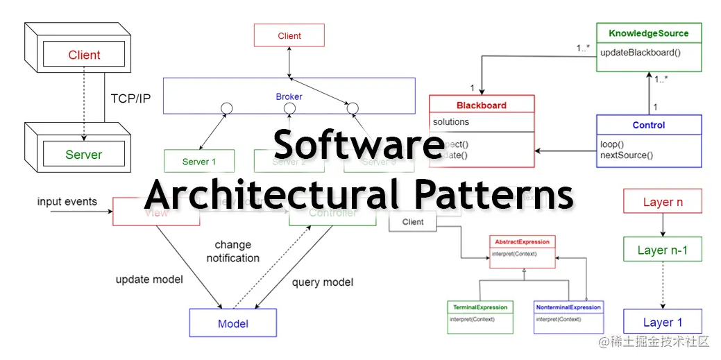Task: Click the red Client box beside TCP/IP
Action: (84, 55)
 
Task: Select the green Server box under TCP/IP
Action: (83, 155)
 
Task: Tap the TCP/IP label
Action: (130, 98)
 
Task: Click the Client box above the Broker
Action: (289, 36)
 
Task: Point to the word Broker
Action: (289, 97)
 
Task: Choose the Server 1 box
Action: (199, 162)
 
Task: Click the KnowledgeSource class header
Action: (649, 33)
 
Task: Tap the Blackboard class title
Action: (482, 105)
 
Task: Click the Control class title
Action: (649, 126)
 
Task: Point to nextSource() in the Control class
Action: (627, 155)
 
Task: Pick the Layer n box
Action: (663, 203)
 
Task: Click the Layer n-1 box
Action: (663, 250)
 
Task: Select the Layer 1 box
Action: (663, 323)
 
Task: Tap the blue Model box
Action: (233, 323)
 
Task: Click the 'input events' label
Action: (67, 202)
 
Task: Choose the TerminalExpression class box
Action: (480, 316)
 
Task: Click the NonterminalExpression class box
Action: (568, 316)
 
